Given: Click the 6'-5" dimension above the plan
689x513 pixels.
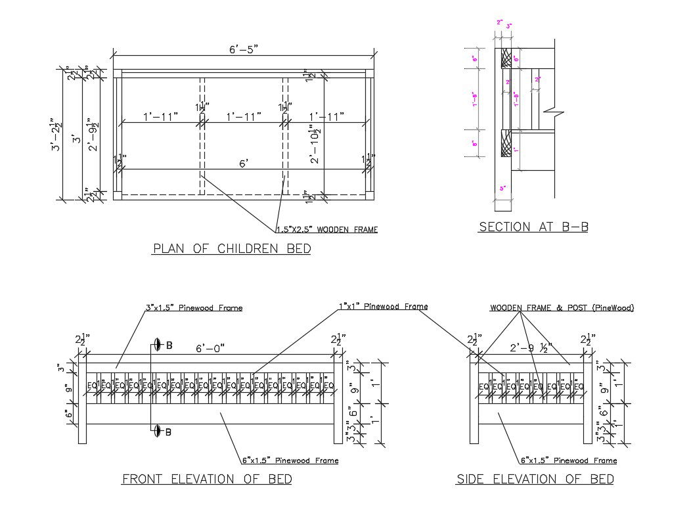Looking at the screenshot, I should click(x=242, y=49).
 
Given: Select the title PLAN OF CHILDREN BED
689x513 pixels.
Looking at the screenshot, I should click(x=232, y=248).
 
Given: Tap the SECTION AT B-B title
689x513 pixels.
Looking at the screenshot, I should click(x=533, y=227).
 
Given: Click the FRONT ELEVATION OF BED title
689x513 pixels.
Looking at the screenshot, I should click(x=207, y=479).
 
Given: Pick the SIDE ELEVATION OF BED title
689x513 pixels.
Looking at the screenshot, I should click(x=535, y=479).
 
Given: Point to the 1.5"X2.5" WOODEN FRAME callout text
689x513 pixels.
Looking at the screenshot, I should click(x=326, y=230).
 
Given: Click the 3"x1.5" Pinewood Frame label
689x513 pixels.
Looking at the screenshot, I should click(x=194, y=307).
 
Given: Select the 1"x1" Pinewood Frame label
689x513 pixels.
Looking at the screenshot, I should click(x=383, y=306).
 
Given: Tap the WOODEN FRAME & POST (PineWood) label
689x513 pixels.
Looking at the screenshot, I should click(x=562, y=307).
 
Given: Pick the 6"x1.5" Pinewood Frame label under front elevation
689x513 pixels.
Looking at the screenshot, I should click(x=290, y=460).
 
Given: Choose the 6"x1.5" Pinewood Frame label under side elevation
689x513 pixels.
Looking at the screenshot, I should click(x=568, y=460).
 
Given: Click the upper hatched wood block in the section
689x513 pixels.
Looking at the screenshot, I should click(x=506, y=59).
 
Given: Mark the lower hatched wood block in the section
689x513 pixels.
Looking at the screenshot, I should click(x=506, y=143).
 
